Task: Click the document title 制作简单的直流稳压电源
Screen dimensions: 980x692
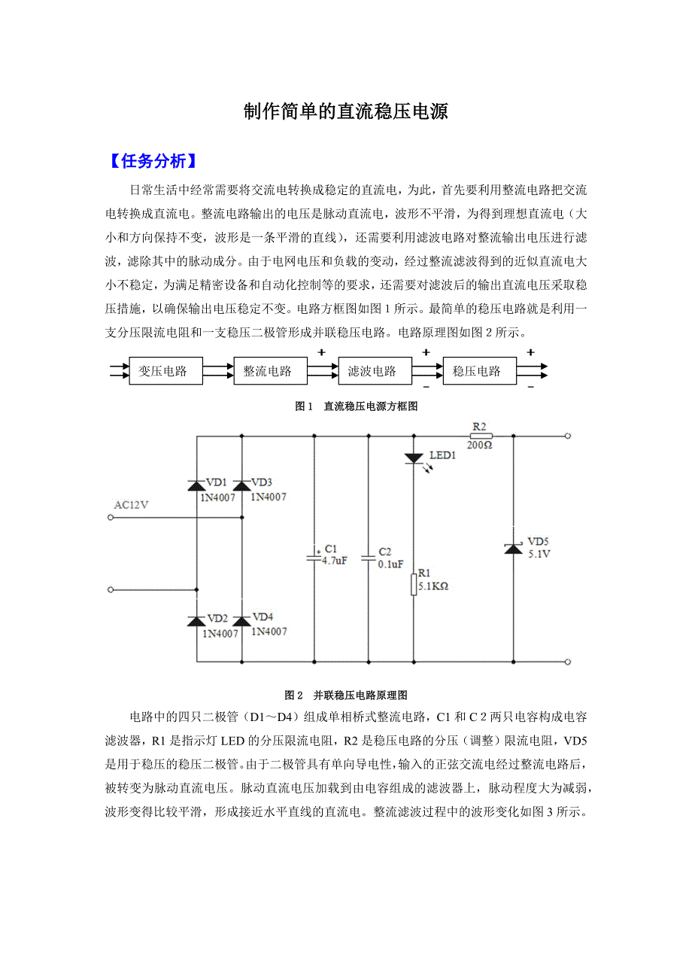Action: (x=346, y=112)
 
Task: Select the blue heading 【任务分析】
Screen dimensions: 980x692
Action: (x=153, y=160)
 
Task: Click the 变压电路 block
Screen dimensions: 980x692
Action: (x=163, y=371)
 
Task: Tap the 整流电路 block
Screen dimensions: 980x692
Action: (x=268, y=371)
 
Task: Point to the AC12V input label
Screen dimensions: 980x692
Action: (x=132, y=505)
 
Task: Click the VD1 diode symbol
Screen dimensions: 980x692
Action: (x=197, y=485)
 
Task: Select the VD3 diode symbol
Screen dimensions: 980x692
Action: (x=241, y=485)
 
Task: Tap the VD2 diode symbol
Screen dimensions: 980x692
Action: (x=197, y=621)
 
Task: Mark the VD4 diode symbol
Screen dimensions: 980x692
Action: (x=241, y=621)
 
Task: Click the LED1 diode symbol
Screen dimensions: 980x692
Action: (x=414, y=458)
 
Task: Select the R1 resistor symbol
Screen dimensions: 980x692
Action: (x=414, y=584)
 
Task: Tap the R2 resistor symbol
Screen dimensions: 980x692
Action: (x=480, y=435)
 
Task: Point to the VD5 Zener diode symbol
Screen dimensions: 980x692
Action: (x=514, y=549)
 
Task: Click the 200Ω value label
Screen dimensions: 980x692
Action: (x=479, y=446)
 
